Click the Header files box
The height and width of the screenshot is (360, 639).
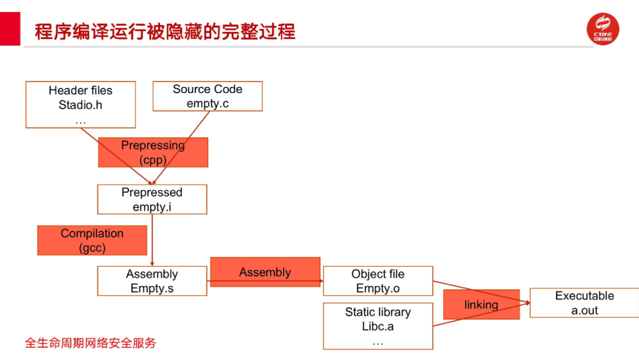click(80, 104)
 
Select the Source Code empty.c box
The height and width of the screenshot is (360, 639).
click(207, 96)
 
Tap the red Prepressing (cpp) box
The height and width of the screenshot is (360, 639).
click(153, 152)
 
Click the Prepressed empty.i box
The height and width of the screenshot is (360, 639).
click(152, 199)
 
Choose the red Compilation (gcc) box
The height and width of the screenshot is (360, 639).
click(92, 240)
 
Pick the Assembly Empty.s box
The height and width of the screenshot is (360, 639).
click(152, 281)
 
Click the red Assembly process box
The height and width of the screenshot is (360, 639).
click(265, 272)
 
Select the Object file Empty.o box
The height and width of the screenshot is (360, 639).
click(377, 281)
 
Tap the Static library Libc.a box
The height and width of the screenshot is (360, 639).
click(377, 326)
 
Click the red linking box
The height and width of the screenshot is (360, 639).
click(481, 304)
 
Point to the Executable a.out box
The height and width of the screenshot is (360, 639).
click(584, 303)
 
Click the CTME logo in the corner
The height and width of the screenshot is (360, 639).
click(603, 29)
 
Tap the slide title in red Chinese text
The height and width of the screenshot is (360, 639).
click(165, 31)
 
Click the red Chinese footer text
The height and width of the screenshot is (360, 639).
click(91, 343)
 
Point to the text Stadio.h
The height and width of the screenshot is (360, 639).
click(80, 105)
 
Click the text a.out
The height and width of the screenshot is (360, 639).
click(585, 310)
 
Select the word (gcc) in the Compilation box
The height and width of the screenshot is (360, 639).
click(92, 247)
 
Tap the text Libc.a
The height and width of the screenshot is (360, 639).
click(377, 326)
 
